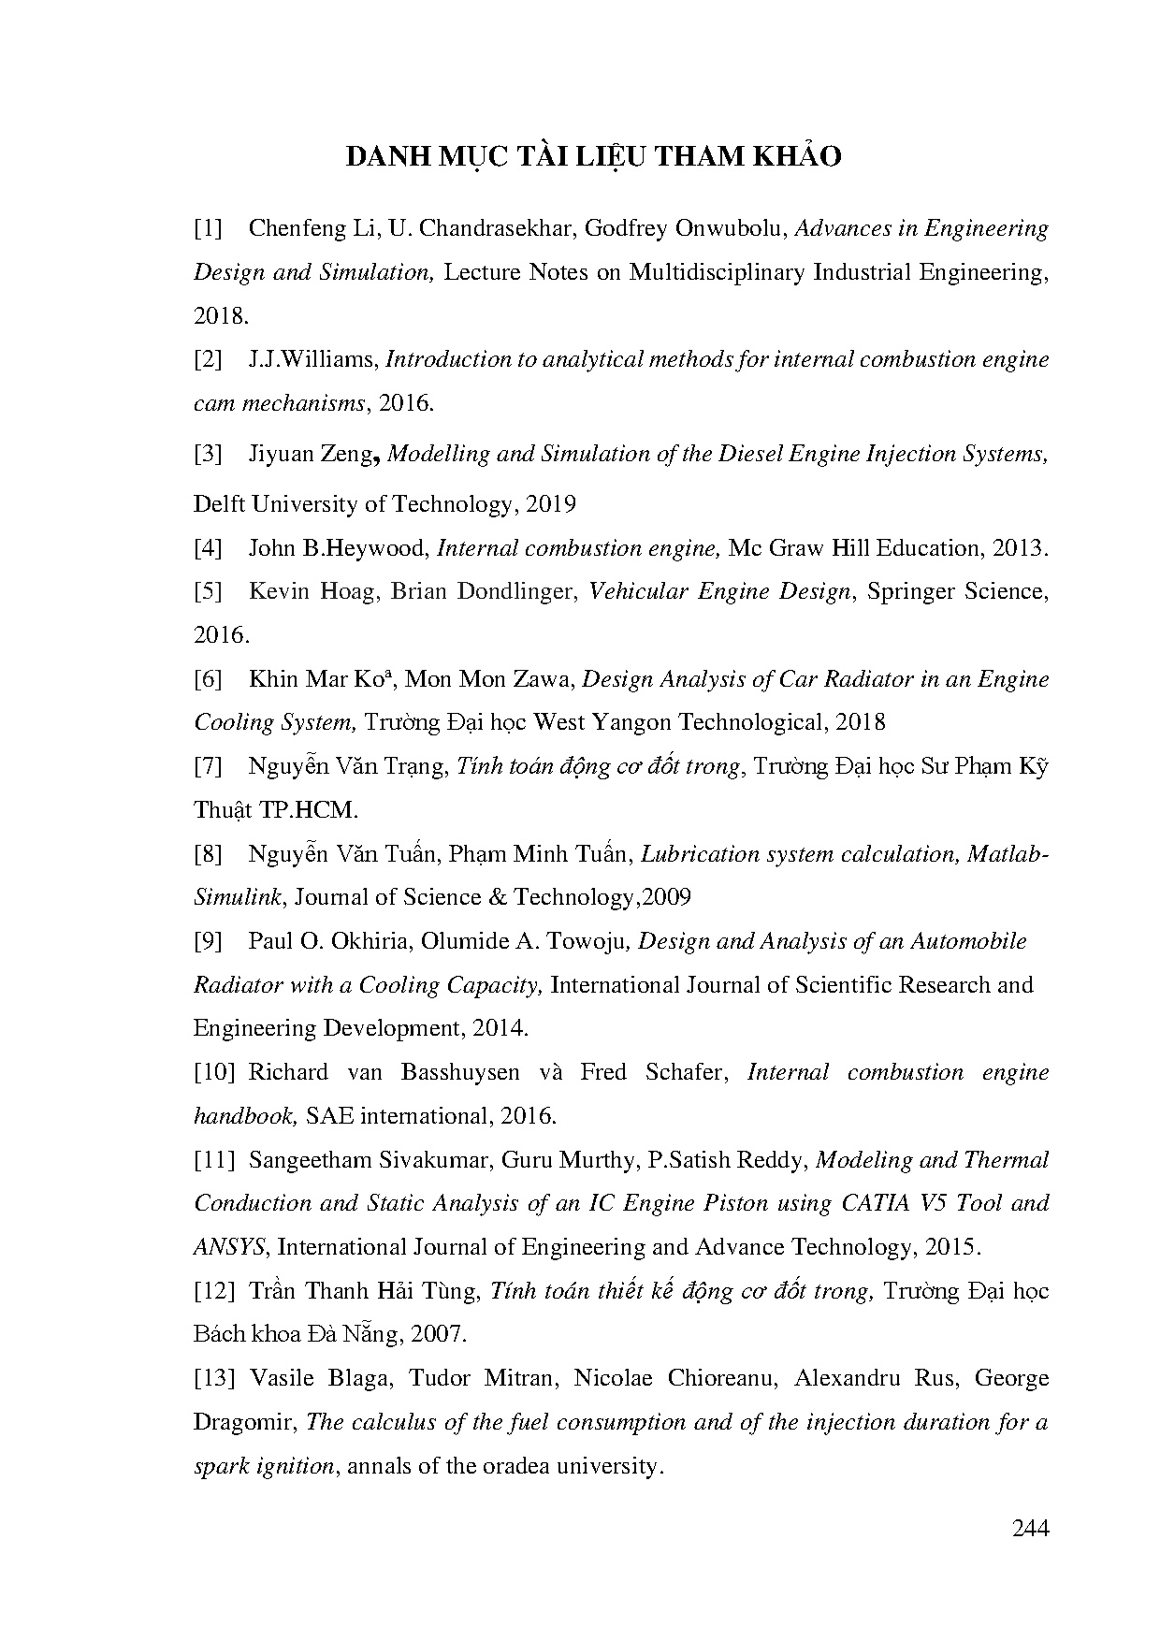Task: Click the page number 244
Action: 1031,1529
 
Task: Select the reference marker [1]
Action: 208,229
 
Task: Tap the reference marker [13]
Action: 214,1378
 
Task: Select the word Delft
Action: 220,504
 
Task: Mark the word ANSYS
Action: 231,1247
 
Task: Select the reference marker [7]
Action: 208,766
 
